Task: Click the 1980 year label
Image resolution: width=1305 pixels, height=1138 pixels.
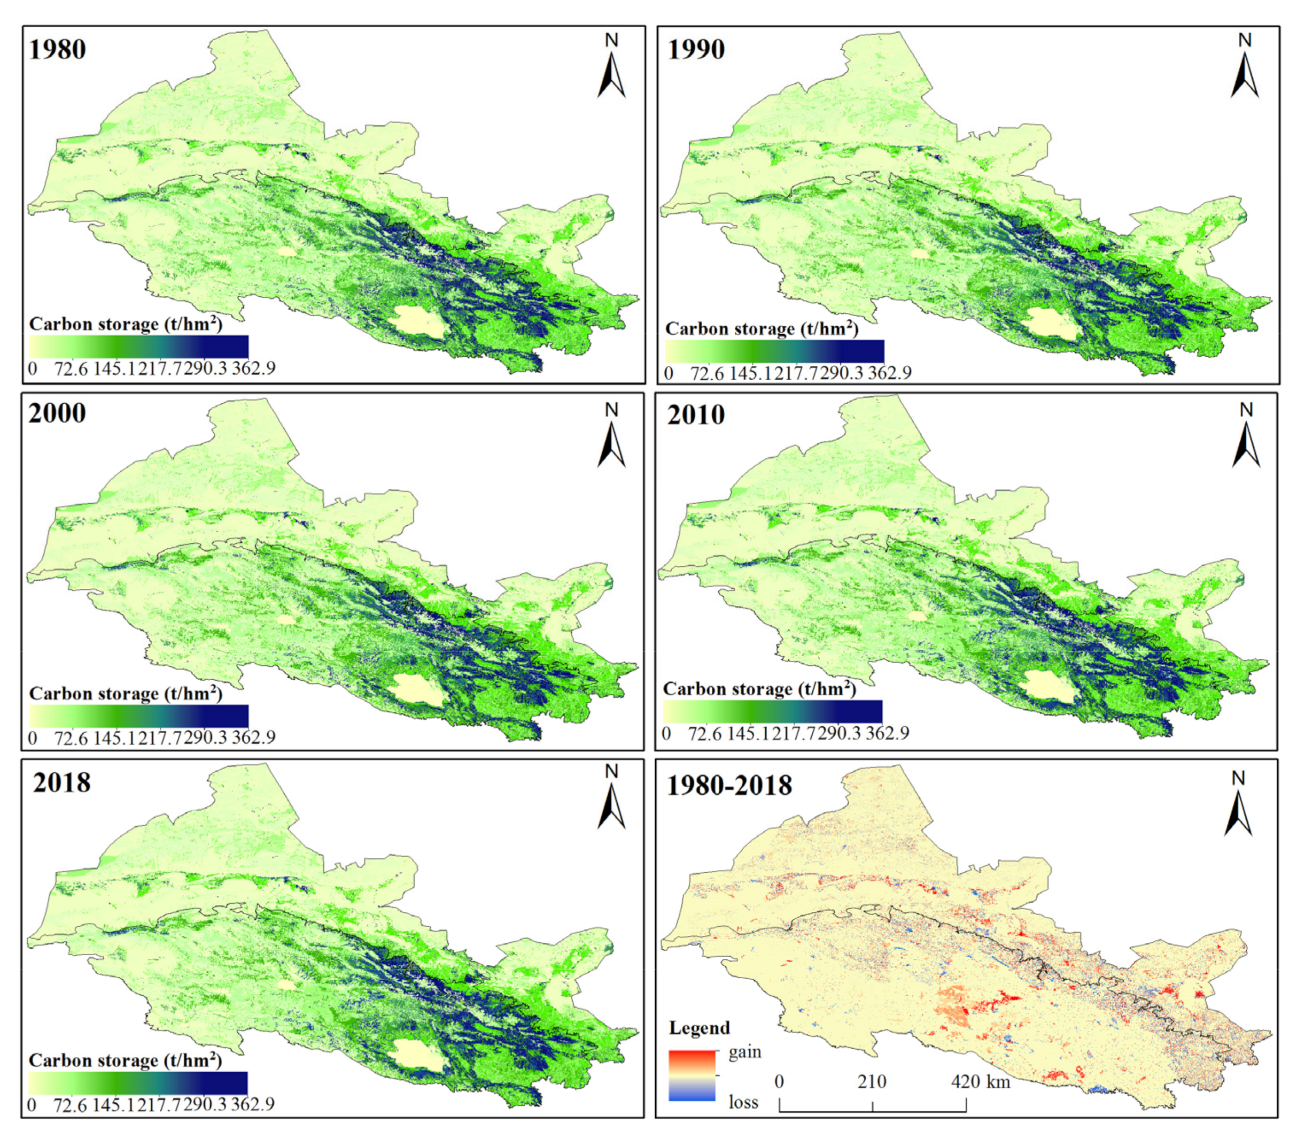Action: click(x=57, y=50)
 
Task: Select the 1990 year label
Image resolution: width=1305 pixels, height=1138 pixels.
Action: click(x=696, y=50)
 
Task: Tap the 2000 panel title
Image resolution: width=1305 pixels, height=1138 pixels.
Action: click(x=57, y=413)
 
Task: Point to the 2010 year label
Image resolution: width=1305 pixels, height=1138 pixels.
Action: click(x=696, y=416)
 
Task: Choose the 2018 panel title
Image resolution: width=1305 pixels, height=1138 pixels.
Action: click(x=61, y=783)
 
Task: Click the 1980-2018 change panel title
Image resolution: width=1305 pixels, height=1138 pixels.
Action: click(x=729, y=786)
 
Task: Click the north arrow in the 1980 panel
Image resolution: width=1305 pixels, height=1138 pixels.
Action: click(x=611, y=70)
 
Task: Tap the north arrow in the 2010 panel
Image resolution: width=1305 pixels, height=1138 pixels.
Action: click(x=1246, y=440)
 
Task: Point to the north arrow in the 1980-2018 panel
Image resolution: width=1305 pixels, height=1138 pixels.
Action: click(x=1238, y=807)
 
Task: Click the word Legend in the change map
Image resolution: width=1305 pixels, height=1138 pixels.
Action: click(x=700, y=1027)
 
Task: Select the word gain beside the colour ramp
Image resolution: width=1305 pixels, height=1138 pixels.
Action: click(x=744, y=1052)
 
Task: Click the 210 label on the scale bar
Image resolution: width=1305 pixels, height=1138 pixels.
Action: click(x=872, y=1081)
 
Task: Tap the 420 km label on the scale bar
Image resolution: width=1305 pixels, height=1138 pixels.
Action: click(x=980, y=1081)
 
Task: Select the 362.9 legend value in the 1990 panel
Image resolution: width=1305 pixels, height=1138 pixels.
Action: click(x=889, y=373)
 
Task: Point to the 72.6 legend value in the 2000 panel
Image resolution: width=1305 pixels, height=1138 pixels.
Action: click(x=71, y=738)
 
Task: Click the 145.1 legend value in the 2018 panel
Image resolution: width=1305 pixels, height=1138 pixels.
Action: click(x=114, y=1105)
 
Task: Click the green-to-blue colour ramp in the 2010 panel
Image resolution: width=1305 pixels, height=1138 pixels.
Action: click(x=772, y=712)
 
